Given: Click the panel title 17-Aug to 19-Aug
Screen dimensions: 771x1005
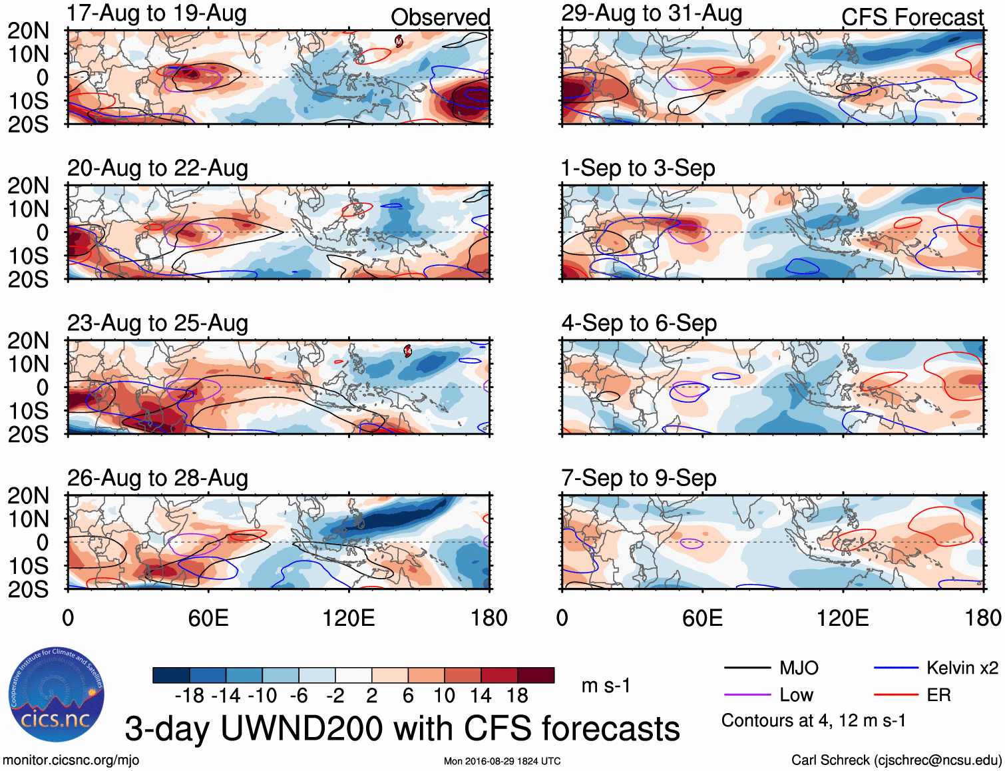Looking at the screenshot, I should pyautogui.click(x=156, y=13).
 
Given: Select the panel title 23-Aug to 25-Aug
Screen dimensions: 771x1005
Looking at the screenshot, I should pyautogui.click(x=157, y=324).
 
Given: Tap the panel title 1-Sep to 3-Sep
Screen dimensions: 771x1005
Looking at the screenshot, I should pyautogui.click(x=638, y=168).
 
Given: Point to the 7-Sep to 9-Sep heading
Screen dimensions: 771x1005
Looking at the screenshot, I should pyautogui.click(x=638, y=478).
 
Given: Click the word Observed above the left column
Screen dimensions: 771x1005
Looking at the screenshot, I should pyautogui.click(x=440, y=17).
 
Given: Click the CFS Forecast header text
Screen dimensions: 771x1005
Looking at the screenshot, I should pyautogui.click(x=912, y=17).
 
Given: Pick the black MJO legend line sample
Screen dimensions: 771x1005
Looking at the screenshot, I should pyautogui.click(x=747, y=668).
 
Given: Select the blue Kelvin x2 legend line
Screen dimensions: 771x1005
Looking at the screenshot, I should pyautogui.click(x=896, y=668).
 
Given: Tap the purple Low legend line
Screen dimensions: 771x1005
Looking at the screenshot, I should pyautogui.click(x=747, y=695).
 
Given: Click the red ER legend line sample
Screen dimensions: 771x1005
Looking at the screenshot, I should pyautogui.click(x=896, y=695).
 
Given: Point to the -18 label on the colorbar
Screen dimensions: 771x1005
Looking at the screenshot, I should pyautogui.click(x=190, y=696).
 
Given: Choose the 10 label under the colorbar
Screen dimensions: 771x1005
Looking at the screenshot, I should pyautogui.click(x=444, y=696).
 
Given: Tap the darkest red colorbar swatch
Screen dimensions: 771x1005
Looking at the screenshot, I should pyautogui.click(x=536, y=675).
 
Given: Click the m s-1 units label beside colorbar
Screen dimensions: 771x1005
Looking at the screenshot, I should pyautogui.click(x=606, y=686).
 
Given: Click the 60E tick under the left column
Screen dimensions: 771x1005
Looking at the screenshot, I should pyautogui.click(x=208, y=618).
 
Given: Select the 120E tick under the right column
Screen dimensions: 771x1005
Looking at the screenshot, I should pyautogui.click(x=843, y=618).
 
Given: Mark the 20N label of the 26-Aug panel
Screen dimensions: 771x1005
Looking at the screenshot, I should pyautogui.click(x=28, y=495).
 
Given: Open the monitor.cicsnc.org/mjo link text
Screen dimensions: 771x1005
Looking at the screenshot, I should pyautogui.click(x=71, y=760).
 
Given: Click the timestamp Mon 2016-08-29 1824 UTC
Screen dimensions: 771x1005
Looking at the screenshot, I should pyautogui.click(x=502, y=761).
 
